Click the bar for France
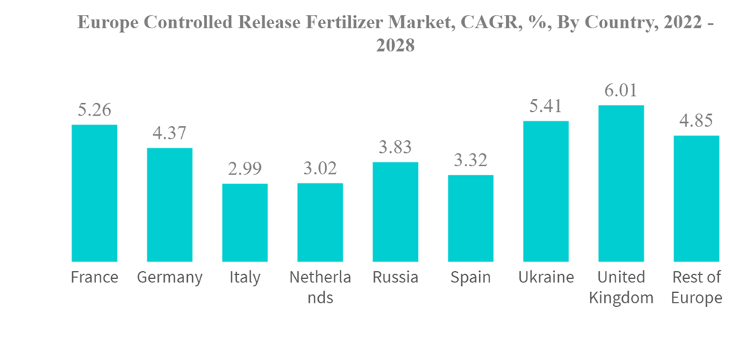pos(94,193)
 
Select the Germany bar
pos(169,205)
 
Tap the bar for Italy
pos(244,223)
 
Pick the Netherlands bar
pos(320,222)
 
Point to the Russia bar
pos(396,212)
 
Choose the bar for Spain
pos(471,218)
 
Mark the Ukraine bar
pos(546,191)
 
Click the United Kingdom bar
pos(621,183)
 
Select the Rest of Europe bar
pos(697,198)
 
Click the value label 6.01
pos(621,90)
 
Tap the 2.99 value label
pos(244,168)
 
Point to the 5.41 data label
pos(546,106)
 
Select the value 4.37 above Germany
pos(169,133)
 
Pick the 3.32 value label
pos(471,160)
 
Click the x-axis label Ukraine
pos(546,278)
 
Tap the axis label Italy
pos(244,278)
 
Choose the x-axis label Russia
pos(396,278)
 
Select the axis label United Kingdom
pos(621,288)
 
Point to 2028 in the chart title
pos(395,45)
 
